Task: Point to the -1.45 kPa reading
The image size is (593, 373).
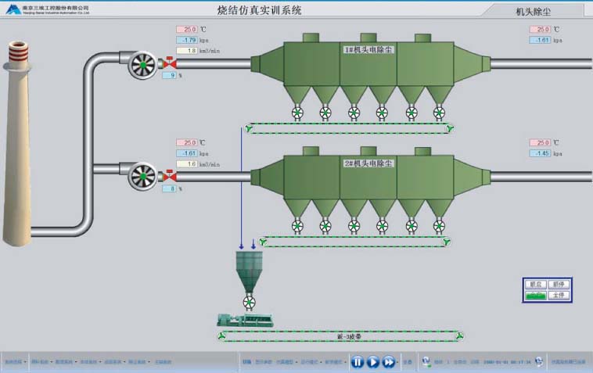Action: [x=540, y=153]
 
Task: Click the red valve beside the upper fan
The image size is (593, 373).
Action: [x=167, y=63]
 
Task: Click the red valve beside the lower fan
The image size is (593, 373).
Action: [x=167, y=177]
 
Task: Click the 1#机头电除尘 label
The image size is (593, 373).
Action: [x=368, y=49]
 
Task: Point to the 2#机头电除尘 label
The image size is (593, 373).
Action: [x=368, y=163]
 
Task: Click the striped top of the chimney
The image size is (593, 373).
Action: [x=17, y=56]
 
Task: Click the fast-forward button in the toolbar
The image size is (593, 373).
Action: [x=389, y=362]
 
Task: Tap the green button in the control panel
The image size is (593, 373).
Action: [x=536, y=296]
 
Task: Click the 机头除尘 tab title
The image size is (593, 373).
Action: [x=534, y=12]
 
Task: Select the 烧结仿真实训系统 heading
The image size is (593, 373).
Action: [x=259, y=11]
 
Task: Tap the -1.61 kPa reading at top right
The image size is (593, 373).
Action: [x=540, y=40]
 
